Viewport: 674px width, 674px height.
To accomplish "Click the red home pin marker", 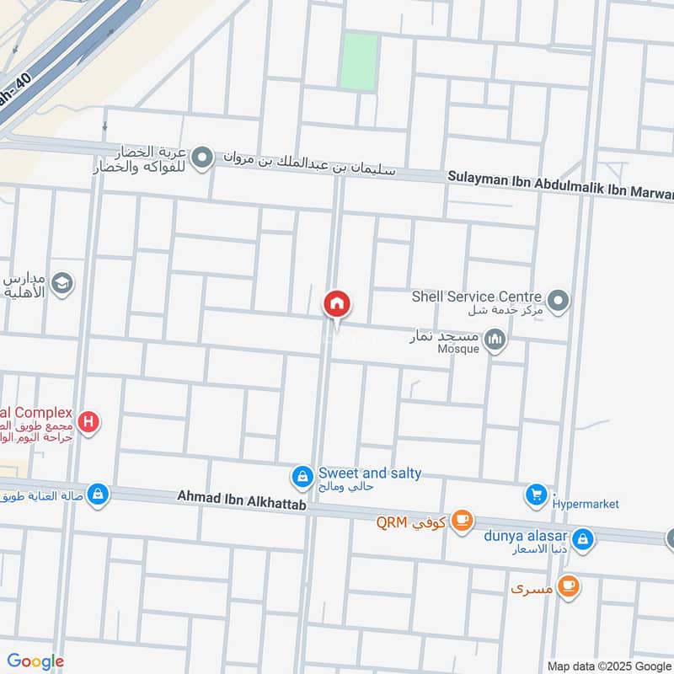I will click(337, 304).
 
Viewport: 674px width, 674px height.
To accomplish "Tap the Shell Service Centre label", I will click(476, 297).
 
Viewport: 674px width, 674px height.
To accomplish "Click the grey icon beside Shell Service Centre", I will click(558, 300).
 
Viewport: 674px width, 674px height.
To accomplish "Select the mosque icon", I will click(495, 340).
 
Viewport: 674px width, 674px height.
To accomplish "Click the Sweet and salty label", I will click(370, 473).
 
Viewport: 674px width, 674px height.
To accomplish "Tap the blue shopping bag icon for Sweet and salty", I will click(302, 478).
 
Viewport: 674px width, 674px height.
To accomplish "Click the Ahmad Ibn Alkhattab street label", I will click(241, 498).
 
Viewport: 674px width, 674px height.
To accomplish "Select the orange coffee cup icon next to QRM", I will click(462, 521).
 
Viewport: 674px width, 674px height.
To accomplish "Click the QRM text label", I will click(392, 522).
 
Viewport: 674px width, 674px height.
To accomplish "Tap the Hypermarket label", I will click(586, 504).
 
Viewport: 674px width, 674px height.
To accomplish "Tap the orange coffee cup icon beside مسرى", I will click(570, 586).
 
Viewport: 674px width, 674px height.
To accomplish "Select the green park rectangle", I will click(359, 61).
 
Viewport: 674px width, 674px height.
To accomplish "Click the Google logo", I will click(35, 661).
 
